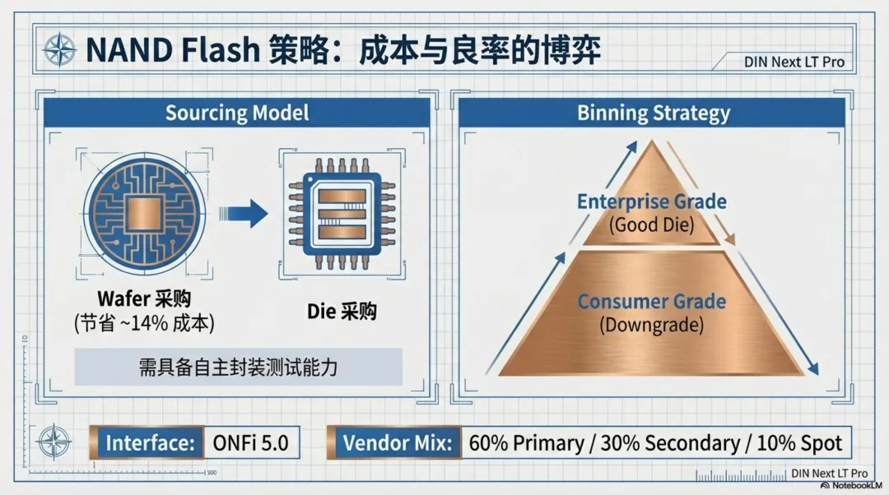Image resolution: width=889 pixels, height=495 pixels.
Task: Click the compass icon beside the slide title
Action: (58, 51)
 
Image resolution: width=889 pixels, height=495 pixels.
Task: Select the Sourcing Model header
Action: (237, 113)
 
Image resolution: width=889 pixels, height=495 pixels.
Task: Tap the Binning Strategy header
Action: (653, 113)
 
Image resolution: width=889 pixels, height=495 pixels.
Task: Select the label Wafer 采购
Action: (143, 298)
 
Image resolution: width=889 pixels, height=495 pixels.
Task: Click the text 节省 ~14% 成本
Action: (143, 324)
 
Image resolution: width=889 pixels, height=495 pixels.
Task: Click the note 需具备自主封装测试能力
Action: (238, 367)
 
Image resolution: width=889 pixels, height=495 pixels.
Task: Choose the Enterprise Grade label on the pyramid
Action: (651, 201)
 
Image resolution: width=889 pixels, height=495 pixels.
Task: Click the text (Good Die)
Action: (651, 224)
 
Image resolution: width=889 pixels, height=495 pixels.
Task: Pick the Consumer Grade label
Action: (651, 301)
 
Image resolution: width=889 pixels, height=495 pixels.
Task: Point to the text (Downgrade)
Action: (651, 325)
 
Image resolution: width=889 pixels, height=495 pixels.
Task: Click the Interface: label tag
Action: (150, 443)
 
